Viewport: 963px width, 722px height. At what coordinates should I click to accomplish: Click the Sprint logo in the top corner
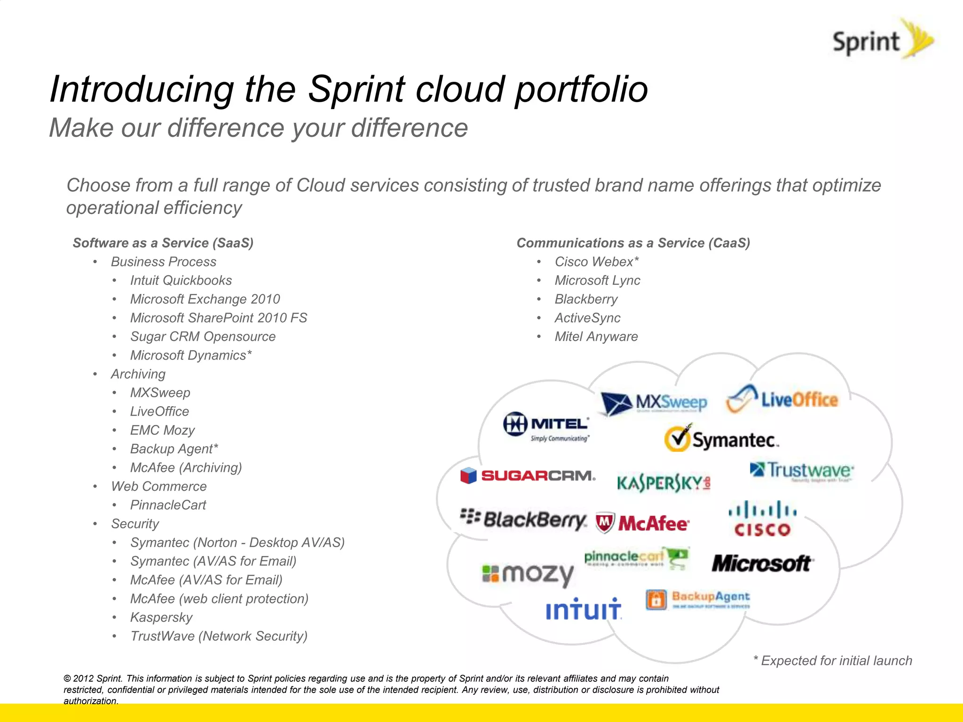pyautogui.click(x=882, y=40)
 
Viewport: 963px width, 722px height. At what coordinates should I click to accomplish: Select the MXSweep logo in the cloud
pyautogui.click(x=654, y=403)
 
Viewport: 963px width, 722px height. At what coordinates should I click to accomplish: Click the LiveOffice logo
pyautogui.click(x=783, y=400)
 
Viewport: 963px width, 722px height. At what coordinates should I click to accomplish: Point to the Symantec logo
pyautogui.click(x=721, y=439)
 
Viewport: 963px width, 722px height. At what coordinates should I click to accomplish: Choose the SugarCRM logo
pyautogui.click(x=528, y=476)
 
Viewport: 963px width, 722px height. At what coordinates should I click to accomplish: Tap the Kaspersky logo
pyautogui.click(x=663, y=482)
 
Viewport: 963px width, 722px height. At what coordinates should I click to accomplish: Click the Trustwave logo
pyautogui.click(x=802, y=471)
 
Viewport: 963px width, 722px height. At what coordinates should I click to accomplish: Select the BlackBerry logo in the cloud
pyautogui.click(x=523, y=519)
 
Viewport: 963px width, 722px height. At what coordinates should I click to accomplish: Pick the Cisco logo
pyautogui.click(x=762, y=519)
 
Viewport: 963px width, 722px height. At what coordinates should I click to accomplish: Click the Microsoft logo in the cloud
pyautogui.click(x=762, y=563)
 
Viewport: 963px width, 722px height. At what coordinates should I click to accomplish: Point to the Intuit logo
pyautogui.click(x=584, y=609)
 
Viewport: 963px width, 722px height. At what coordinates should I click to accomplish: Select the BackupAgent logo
pyautogui.click(x=698, y=599)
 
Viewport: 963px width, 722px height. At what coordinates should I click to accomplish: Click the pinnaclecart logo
pyautogui.click(x=636, y=558)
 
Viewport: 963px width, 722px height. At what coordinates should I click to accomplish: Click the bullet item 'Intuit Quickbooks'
pyautogui.click(x=181, y=281)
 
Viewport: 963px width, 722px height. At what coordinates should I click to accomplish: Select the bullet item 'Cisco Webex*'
pyautogui.click(x=596, y=262)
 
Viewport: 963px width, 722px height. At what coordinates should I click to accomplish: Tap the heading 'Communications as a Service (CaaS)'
pyautogui.click(x=633, y=243)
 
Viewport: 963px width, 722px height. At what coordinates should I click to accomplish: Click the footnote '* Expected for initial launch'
pyautogui.click(x=832, y=660)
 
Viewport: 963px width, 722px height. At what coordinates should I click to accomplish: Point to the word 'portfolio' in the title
pyautogui.click(x=581, y=89)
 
